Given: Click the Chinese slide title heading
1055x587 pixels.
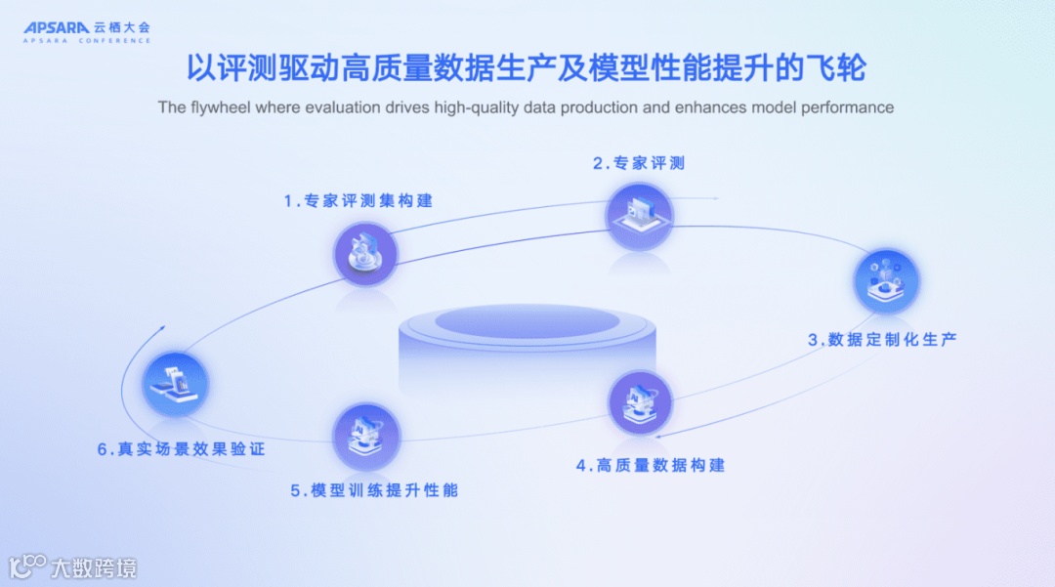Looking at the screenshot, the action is click(x=527, y=69).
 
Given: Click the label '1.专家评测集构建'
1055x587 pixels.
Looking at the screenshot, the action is click(x=359, y=200).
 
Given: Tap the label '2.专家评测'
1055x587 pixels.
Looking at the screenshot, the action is click(x=639, y=163).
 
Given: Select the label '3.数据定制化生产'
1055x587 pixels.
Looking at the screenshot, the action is click(x=881, y=340).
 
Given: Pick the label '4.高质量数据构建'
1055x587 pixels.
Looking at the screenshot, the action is click(x=650, y=465).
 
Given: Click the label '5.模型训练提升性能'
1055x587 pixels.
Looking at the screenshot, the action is click(x=374, y=490).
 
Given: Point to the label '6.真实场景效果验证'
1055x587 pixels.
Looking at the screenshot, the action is click(x=181, y=449).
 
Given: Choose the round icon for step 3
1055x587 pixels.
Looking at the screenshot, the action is click(x=887, y=281).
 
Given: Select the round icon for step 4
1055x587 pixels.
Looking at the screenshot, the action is click(x=641, y=402).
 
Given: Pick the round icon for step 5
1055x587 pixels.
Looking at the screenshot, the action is click(x=366, y=436).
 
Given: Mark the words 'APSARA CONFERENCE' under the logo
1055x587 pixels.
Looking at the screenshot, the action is click(x=88, y=41).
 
